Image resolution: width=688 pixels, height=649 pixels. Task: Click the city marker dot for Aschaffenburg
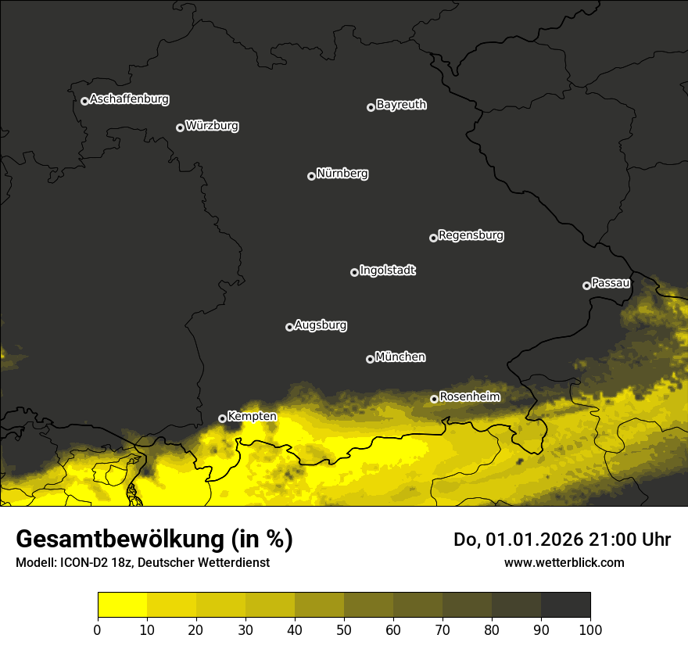point(84,101)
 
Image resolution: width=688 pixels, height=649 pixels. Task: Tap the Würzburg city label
point(212,126)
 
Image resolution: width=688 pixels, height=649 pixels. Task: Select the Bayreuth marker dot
point(371,107)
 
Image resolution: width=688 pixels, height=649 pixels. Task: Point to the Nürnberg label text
point(342,174)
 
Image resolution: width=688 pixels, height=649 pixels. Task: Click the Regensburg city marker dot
point(433,238)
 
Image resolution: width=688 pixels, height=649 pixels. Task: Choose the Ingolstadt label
point(388,271)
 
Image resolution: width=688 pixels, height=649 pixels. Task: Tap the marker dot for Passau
point(586,285)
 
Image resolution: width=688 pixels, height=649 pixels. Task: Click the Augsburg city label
point(321,325)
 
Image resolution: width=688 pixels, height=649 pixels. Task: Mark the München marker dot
point(370,360)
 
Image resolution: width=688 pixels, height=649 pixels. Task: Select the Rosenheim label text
point(470,397)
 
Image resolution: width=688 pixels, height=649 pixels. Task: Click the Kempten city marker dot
point(222,418)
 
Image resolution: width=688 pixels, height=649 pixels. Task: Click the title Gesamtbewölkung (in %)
point(154,540)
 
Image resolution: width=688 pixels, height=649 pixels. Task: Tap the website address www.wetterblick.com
point(564,562)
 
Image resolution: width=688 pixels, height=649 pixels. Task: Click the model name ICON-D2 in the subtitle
point(77,563)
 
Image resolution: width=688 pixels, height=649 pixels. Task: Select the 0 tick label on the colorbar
point(98,629)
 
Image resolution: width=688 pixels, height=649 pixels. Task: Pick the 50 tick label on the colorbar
point(344,629)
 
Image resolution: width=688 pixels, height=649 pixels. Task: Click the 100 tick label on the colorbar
point(590,629)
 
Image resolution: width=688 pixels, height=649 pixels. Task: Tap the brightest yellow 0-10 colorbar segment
point(122,605)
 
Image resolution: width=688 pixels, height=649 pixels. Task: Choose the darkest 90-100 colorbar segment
point(565,605)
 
